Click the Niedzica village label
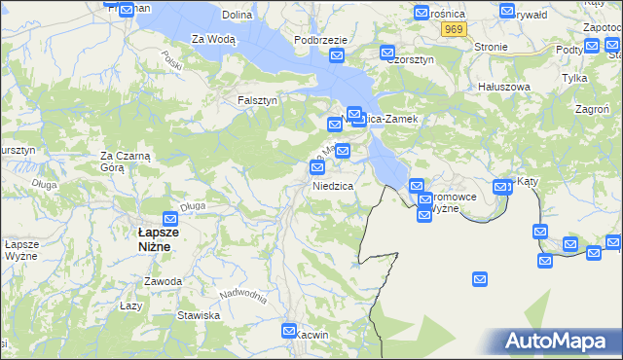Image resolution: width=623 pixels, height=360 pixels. coord(333,185)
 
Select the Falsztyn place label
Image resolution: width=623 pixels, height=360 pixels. coord(258,100)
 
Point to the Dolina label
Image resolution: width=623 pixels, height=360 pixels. coord(238,15)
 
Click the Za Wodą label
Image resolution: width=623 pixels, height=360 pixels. coord(213,39)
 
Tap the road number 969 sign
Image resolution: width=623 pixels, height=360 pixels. coord(453,30)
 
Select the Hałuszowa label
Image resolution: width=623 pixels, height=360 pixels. coord(504,87)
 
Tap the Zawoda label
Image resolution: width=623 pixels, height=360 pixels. coord(163,281)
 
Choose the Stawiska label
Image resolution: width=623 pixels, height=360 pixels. coord(199,315)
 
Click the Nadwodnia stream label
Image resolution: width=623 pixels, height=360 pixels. coord(242,295)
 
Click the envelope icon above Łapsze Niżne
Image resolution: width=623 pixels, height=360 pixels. coord(170,219)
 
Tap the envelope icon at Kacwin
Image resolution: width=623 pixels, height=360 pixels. coord(289,332)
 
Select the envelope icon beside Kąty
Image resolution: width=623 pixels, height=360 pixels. coord(502,187)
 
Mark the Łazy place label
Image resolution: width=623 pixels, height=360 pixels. coord(131,305)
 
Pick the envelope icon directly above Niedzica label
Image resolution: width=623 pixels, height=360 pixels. coord(317,168)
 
